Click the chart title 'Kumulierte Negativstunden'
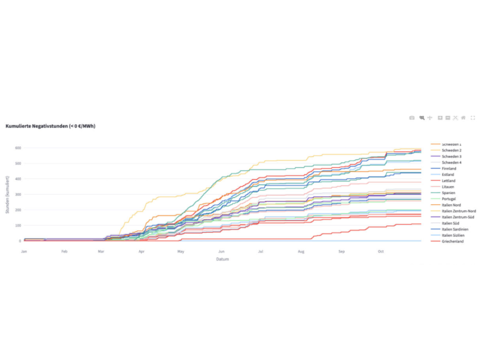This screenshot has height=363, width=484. pyautogui.click(x=50, y=126)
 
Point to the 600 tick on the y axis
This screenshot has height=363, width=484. pyautogui.click(x=17, y=148)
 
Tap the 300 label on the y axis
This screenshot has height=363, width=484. pyautogui.click(x=17, y=195)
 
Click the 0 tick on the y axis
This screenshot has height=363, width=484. pyautogui.click(x=20, y=241)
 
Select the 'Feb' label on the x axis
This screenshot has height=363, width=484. pyautogui.click(x=64, y=251)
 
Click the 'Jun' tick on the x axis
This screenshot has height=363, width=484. pyautogui.click(x=222, y=251)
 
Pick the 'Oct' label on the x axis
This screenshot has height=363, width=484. pyautogui.click(x=381, y=251)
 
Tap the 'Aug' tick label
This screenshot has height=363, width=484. pyautogui.click(x=301, y=251)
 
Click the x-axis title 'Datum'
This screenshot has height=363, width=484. pyautogui.click(x=222, y=259)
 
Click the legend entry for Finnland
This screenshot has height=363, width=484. pyautogui.click(x=449, y=169)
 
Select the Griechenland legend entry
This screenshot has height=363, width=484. pyautogui.click(x=452, y=241)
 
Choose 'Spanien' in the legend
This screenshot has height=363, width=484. pyautogui.click(x=449, y=193)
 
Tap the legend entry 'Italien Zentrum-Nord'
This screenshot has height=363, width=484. pyautogui.click(x=459, y=211)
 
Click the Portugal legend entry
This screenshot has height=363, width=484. pyautogui.click(x=449, y=199)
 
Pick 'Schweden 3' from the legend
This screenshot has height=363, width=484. pyautogui.click(x=451, y=156)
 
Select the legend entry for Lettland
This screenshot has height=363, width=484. pyautogui.click(x=449, y=181)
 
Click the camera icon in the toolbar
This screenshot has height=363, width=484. pyautogui.click(x=412, y=118)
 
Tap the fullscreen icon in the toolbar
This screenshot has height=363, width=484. pyautogui.click(x=473, y=118)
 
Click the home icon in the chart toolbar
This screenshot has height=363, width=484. pyautogui.click(x=463, y=118)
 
